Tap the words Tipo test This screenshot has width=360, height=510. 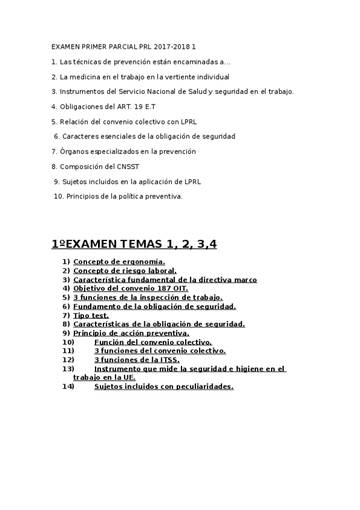pos(91,315)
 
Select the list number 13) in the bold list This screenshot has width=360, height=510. pos(68,369)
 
